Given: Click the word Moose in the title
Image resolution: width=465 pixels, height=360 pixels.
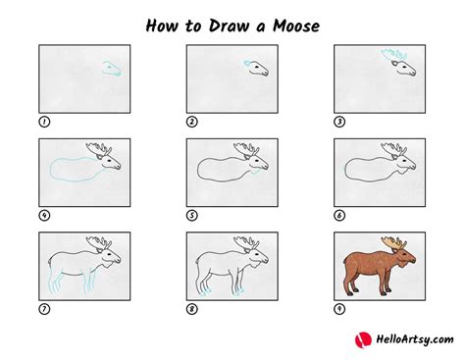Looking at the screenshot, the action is tap(296, 26).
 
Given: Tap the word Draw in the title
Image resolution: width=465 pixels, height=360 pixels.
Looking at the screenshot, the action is tap(229, 26).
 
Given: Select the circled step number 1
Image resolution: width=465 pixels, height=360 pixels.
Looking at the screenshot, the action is tap(44, 122).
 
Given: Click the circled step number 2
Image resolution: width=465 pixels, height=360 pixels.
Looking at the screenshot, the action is tap(192, 122).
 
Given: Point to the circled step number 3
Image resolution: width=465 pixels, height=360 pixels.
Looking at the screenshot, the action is tap(339, 122).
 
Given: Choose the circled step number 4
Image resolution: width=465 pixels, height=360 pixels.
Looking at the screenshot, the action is tap(44, 216).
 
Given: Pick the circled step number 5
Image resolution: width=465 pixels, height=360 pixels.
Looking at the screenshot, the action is tap(192, 216).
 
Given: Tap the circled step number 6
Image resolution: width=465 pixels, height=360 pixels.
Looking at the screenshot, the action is tap(339, 216).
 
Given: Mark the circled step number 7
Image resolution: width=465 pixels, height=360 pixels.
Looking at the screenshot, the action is tap(44, 309).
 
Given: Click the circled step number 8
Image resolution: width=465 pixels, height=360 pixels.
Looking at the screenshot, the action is tap(192, 309).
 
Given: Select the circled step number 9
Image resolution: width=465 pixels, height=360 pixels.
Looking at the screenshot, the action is tap(339, 309).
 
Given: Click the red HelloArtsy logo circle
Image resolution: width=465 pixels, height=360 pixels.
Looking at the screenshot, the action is tap(363, 340).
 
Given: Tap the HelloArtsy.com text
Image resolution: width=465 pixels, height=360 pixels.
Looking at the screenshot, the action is tap(415, 339).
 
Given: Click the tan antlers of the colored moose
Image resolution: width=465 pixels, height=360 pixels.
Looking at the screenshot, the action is tap(393, 242).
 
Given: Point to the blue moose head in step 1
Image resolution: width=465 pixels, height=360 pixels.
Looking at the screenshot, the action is tap(112, 69).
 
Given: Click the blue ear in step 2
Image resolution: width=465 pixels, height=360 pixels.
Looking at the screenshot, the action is tap(247, 63).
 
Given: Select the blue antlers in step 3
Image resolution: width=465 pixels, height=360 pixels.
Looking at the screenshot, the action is tap(393, 54).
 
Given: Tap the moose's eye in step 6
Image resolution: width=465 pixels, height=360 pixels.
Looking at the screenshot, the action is tap(404, 161).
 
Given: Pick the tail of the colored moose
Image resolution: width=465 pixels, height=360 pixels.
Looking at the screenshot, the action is tap(345, 261).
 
